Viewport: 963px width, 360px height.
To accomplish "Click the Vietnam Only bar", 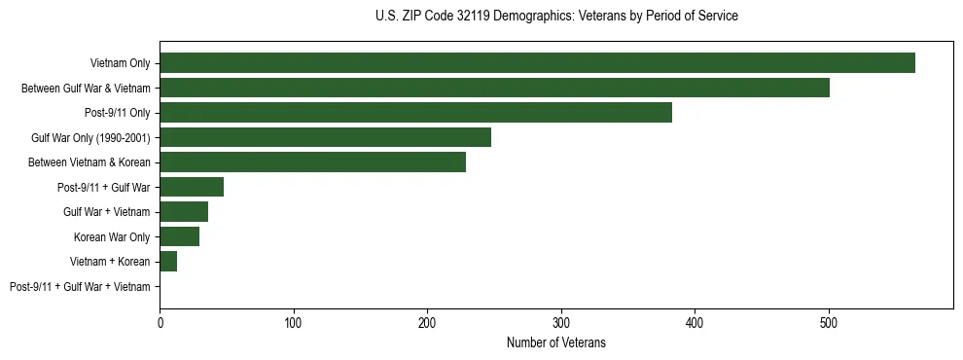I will click(537, 63).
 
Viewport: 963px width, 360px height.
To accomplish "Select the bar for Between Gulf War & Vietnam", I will click(494, 88).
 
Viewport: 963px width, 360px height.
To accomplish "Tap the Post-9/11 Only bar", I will click(415, 113).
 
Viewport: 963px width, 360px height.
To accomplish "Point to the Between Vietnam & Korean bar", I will click(312, 162).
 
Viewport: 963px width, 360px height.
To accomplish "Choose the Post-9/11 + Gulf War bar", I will click(192, 187).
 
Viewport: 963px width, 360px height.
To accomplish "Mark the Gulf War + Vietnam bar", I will click(184, 211).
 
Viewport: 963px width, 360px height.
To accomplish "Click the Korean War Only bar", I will click(179, 236).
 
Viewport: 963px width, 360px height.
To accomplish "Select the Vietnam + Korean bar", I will click(168, 261).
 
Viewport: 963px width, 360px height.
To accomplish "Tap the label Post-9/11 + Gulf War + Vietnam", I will click(80, 286).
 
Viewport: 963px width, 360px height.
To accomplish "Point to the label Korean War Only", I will click(112, 236).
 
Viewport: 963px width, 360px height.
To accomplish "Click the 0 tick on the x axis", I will click(160, 321).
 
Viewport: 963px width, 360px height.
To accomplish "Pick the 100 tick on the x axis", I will click(294, 321).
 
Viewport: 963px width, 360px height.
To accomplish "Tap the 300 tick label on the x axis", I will click(561, 321).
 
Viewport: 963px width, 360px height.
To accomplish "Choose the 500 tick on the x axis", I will click(829, 321).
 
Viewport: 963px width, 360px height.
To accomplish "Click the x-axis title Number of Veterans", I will click(555, 342).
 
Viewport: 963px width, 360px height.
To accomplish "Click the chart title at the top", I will click(555, 17).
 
